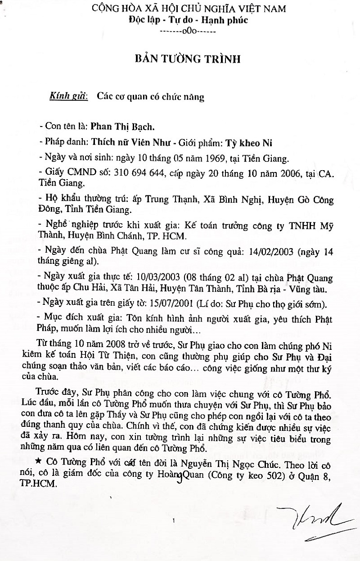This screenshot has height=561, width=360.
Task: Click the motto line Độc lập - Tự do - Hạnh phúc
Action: tap(181, 20)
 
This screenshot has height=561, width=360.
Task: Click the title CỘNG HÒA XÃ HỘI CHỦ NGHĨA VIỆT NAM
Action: tap(181, 9)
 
